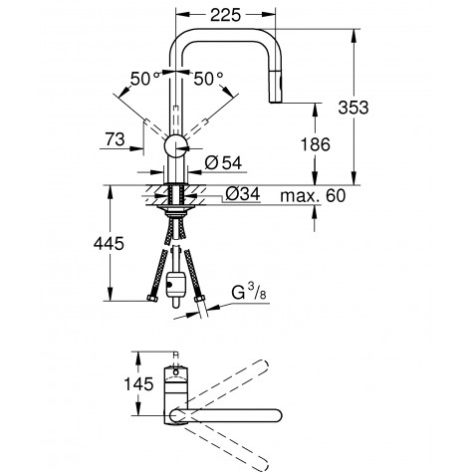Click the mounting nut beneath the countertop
pos(177,211)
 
